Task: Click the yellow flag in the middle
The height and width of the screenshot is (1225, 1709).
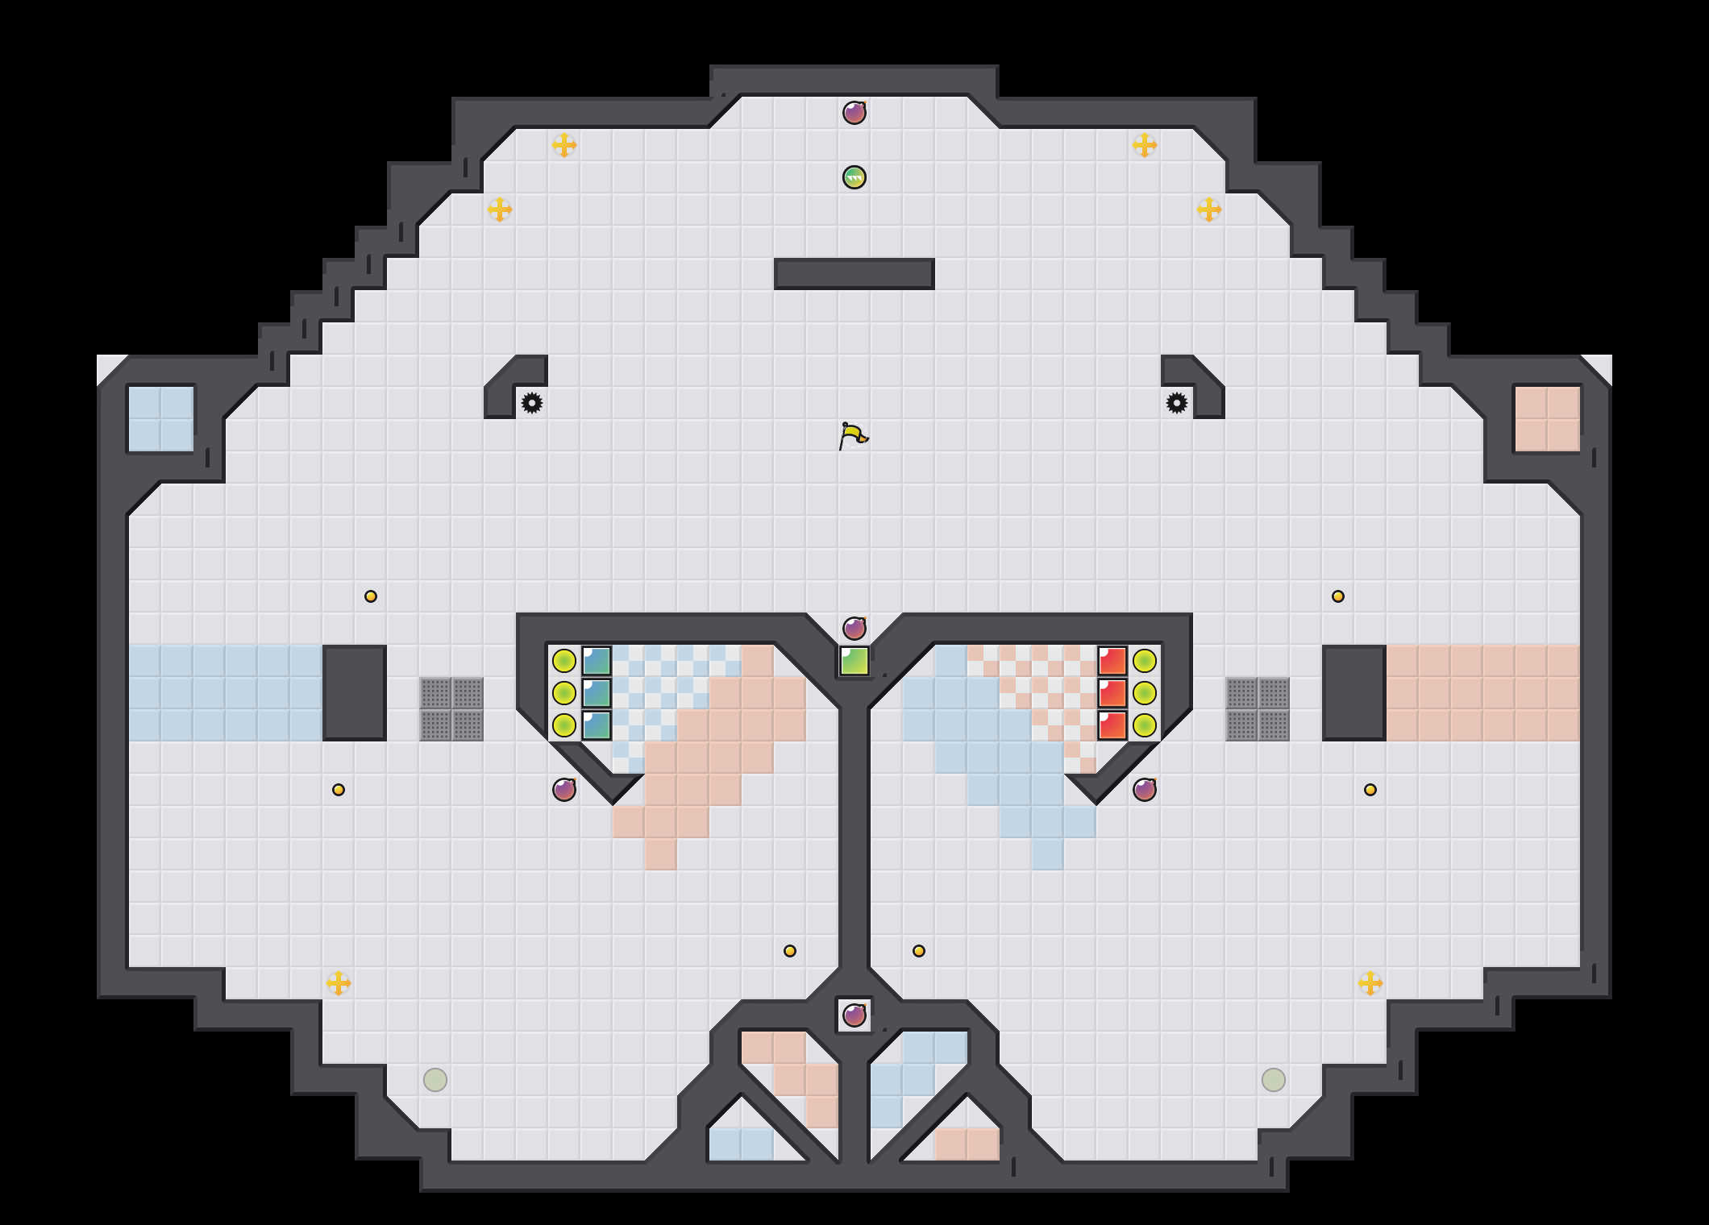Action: [853, 436]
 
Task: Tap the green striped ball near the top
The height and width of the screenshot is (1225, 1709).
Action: [854, 177]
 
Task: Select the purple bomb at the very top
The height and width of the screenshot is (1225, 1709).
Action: [854, 113]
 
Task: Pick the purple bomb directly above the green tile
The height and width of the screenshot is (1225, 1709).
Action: [854, 629]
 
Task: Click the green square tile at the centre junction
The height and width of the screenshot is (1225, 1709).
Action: [854, 661]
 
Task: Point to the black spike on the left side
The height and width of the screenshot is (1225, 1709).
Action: [532, 403]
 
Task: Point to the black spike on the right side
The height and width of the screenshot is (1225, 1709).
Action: [1177, 403]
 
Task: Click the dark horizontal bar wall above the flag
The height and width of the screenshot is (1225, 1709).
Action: [854, 274]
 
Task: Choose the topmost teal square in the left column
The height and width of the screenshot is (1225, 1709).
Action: [597, 661]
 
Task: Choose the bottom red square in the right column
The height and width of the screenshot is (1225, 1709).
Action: [1112, 725]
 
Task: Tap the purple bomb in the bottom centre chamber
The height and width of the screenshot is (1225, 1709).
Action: [854, 1015]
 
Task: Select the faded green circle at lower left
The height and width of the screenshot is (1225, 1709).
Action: [435, 1080]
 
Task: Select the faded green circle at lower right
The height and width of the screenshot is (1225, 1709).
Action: [1274, 1080]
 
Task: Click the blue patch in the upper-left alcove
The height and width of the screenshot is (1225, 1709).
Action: [161, 419]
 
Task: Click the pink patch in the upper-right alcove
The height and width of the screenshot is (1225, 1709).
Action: [1548, 419]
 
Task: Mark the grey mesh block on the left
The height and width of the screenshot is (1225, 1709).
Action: [451, 709]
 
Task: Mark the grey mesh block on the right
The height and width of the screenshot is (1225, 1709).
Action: [1258, 709]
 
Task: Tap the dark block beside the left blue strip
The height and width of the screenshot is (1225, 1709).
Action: [355, 693]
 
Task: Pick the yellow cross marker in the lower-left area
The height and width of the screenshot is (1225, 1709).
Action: [339, 983]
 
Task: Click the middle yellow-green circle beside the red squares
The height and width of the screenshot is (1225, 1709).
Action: [1145, 693]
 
